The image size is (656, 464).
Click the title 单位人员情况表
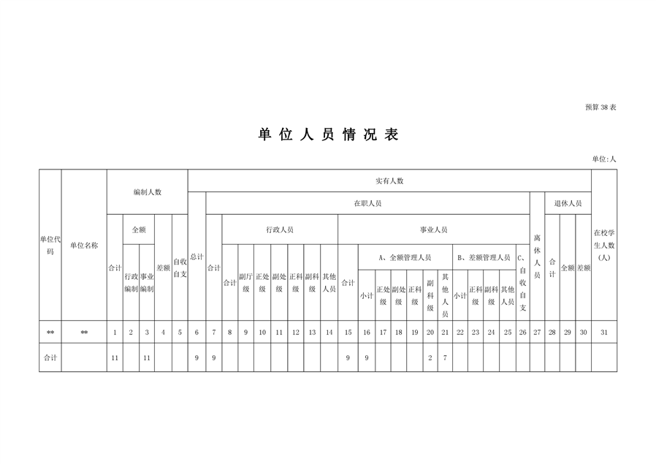(x=329, y=134)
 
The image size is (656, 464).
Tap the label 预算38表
(x=600, y=107)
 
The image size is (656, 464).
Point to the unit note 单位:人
(x=603, y=159)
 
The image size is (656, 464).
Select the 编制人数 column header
(x=148, y=192)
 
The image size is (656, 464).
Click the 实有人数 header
(x=389, y=180)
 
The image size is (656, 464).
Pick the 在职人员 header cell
(x=367, y=203)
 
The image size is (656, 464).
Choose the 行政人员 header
(x=280, y=229)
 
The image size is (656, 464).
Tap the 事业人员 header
(x=434, y=229)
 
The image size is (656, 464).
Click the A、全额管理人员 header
(x=405, y=258)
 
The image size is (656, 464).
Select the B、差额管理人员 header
(x=484, y=258)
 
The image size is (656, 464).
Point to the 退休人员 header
(x=568, y=203)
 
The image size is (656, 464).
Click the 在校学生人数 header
(x=604, y=246)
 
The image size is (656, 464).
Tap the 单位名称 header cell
(x=84, y=246)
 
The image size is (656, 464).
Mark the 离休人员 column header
(x=537, y=256)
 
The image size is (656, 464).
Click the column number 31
(x=604, y=332)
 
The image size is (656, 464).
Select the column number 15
(x=348, y=332)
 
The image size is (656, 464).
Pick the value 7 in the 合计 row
(x=445, y=358)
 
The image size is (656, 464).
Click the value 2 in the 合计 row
(x=430, y=358)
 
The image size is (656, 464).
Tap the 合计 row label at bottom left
(x=50, y=358)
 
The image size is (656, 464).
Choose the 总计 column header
(x=197, y=256)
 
